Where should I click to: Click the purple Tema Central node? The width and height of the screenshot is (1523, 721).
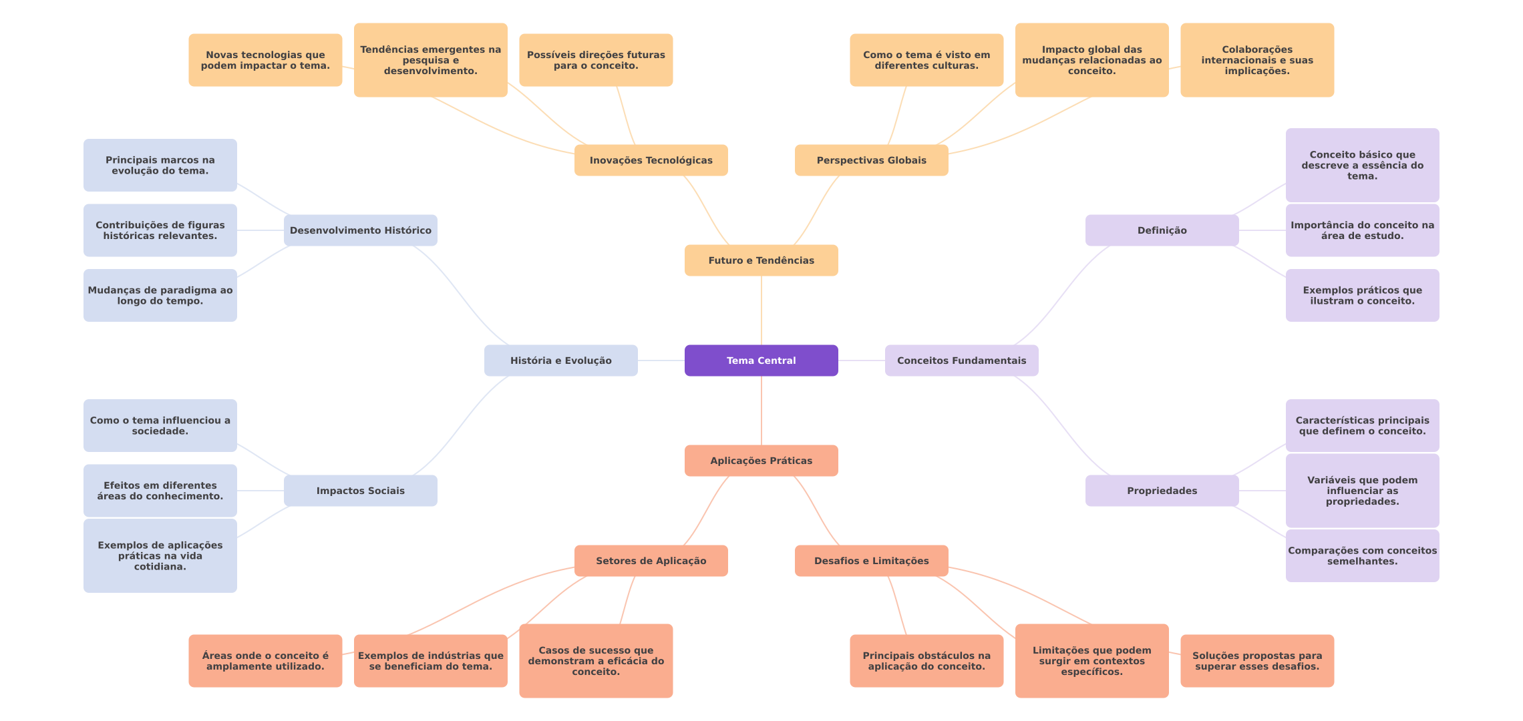pos(761,360)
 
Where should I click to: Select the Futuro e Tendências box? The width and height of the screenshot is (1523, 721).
pos(761,260)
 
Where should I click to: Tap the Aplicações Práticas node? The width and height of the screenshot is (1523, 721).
pos(761,461)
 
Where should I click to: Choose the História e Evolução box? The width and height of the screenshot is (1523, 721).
pos(560,360)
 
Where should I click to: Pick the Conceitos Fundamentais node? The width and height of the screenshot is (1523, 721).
pos(961,360)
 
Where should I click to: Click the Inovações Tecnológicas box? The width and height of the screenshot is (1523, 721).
pos(651,160)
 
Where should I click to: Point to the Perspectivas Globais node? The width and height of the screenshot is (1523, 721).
pos(871,160)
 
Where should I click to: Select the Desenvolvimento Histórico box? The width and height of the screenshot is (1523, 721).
pos(360,230)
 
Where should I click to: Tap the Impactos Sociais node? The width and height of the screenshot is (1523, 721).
pos(360,491)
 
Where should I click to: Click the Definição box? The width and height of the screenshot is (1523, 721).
pos(1162,230)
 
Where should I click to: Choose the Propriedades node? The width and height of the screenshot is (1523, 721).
pos(1162,491)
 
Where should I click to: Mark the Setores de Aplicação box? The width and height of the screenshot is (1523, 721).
pos(651,561)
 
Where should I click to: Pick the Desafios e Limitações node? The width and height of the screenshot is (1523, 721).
pos(871,561)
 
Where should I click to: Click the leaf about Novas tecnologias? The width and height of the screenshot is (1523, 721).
pos(265,60)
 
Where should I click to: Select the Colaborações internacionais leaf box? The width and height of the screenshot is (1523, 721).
pos(1257,60)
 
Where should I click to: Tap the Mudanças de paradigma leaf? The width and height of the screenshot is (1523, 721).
pos(160,295)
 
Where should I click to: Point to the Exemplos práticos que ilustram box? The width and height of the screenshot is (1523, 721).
pos(1362,295)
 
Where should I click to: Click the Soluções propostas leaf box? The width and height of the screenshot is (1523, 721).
pos(1257,661)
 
